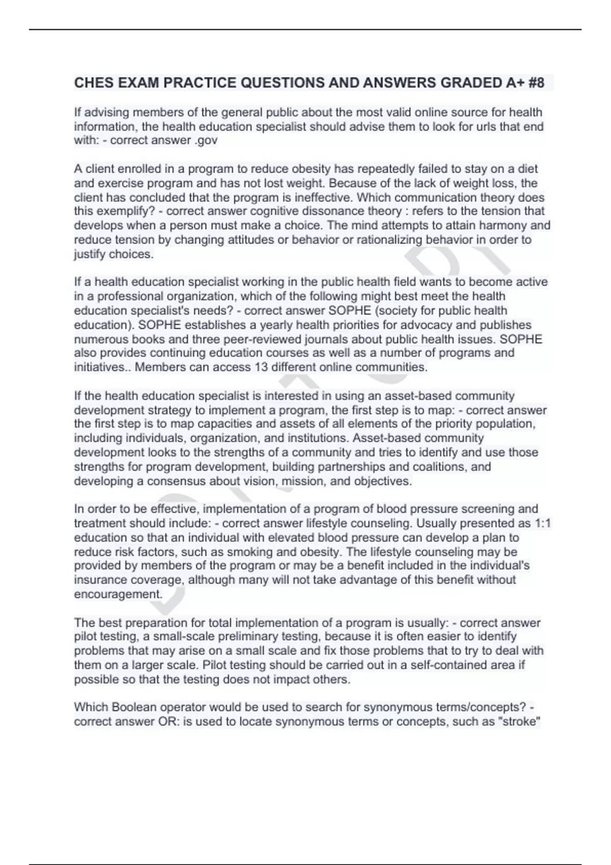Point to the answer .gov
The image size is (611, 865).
206,140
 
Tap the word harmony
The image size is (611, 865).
504,225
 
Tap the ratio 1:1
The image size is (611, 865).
543,523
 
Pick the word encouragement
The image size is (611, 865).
118,594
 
